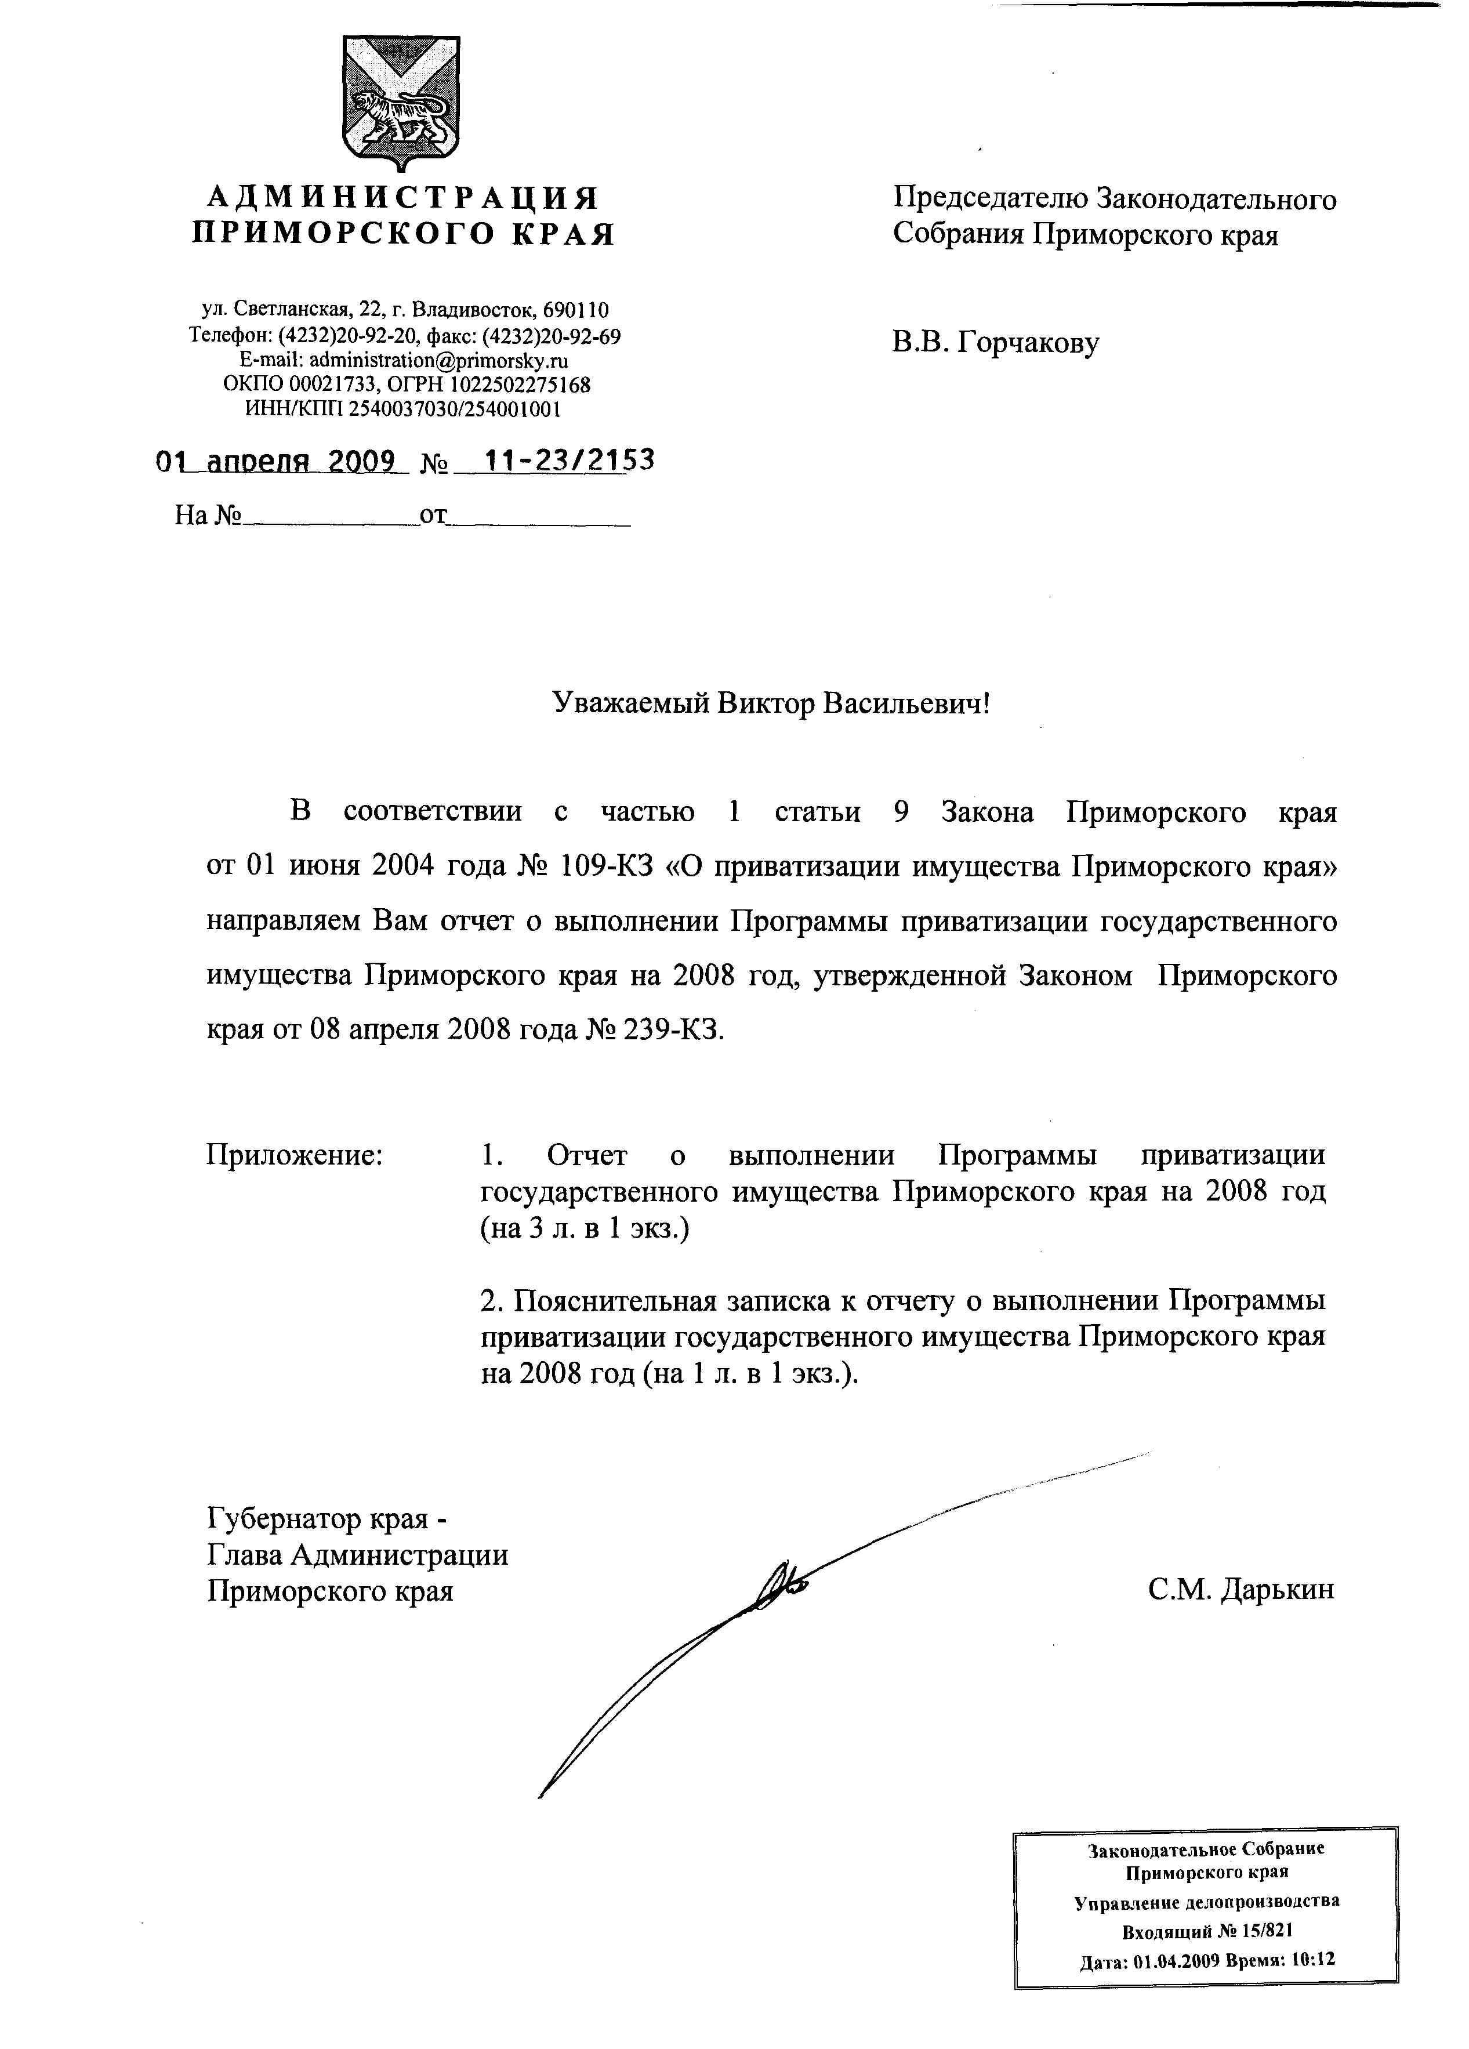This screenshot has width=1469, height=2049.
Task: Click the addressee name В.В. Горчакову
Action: [996, 343]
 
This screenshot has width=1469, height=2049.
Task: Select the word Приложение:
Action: [295, 1155]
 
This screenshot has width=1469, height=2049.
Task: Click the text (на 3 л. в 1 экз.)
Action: [585, 1229]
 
